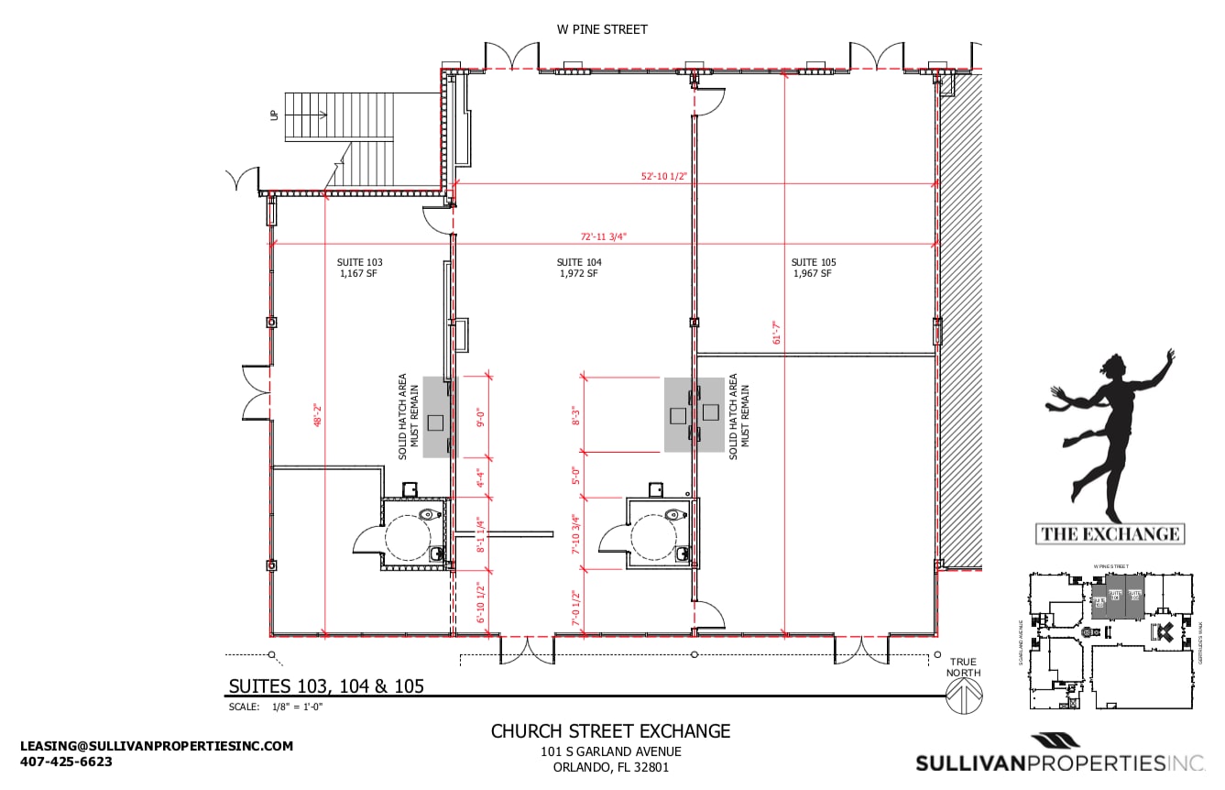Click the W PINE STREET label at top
click(602, 29)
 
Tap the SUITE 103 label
click(360, 262)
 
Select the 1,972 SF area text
click(579, 273)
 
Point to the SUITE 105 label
click(814, 262)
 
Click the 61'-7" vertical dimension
click(776, 332)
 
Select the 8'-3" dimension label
click(576, 415)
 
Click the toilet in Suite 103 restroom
click(426, 516)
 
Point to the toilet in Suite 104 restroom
click(674, 516)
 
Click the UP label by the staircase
click(274, 115)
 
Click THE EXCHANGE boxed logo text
click(1110, 533)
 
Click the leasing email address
click(157, 746)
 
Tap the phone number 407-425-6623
click(66, 762)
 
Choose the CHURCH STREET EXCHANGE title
click(610, 730)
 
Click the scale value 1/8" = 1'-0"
click(299, 707)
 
